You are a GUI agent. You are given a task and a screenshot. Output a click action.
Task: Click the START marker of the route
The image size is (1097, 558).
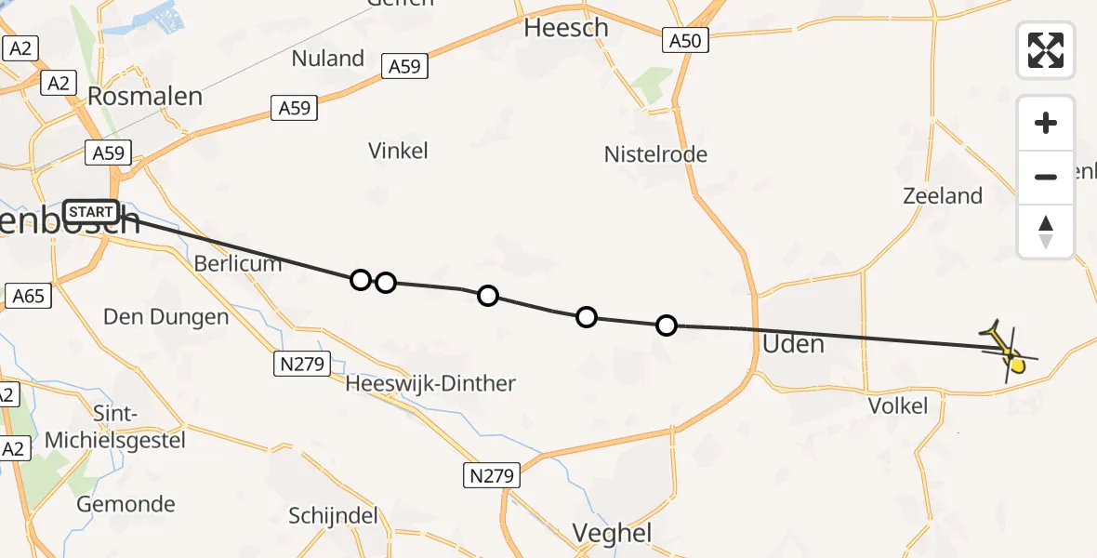(91, 212)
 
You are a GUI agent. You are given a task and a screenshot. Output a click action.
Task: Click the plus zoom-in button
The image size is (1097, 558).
(1046, 123)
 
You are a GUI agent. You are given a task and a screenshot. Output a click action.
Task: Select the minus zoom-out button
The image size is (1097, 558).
(1046, 177)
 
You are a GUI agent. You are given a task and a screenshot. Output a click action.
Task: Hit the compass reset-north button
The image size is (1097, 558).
(1046, 231)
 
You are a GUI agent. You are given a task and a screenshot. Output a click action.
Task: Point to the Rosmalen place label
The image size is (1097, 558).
(144, 96)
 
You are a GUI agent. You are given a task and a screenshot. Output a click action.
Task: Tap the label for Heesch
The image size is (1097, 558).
(566, 28)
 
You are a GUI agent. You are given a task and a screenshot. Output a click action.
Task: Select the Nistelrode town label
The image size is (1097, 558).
(655, 154)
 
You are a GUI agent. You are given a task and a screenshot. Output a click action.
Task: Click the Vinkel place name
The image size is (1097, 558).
(398, 151)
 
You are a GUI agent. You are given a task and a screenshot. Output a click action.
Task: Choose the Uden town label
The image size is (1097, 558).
(793, 344)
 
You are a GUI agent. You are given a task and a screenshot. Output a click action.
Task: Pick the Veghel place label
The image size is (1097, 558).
(612, 533)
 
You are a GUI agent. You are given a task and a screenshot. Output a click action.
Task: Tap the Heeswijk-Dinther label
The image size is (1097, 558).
(430, 383)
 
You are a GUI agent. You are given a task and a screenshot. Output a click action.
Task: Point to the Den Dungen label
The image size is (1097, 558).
(165, 317)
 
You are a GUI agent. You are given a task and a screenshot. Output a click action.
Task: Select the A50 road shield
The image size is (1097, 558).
(687, 40)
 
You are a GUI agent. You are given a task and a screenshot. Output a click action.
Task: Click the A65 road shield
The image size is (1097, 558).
(28, 297)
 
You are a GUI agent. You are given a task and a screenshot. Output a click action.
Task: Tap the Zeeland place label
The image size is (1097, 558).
(943, 195)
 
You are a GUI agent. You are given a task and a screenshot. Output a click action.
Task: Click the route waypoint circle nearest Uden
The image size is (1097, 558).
(667, 325)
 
